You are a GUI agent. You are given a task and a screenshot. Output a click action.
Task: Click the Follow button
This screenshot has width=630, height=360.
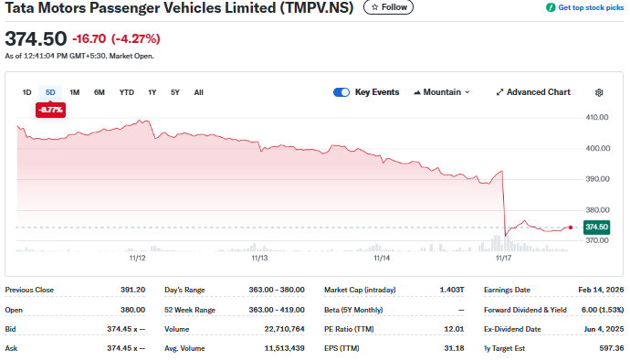pyautogui.click(x=388, y=7)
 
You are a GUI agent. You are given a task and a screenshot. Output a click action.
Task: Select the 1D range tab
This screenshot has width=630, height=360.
pyautogui.click(x=27, y=92)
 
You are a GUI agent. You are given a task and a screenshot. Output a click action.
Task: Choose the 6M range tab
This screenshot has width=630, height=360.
pyautogui.click(x=100, y=92)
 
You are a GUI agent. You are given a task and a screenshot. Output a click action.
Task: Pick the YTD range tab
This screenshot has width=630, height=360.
pyautogui.click(x=127, y=92)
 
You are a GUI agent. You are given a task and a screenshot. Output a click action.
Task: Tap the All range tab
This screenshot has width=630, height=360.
pyautogui.click(x=199, y=92)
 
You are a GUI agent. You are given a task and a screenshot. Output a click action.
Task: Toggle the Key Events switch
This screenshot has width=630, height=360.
pyautogui.click(x=342, y=92)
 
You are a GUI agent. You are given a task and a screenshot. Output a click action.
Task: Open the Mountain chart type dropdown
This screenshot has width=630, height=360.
pyautogui.click(x=442, y=92)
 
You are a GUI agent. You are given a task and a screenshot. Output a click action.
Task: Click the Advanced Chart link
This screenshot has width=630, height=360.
pyautogui.click(x=533, y=92)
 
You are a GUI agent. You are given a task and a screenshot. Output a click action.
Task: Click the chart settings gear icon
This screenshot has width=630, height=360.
pyautogui.click(x=599, y=92)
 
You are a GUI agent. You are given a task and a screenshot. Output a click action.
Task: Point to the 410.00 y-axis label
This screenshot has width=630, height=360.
pyautogui.click(x=596, y=117)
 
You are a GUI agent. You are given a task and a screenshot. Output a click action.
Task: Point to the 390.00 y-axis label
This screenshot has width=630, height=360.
pyautogui.click(x=596, y=179)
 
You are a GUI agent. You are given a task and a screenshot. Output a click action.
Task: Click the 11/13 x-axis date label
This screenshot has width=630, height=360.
pyautogui.click(x=259, y=259)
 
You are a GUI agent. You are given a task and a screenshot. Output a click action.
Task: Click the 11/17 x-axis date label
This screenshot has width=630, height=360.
pyautogui.click(x=502, y=259)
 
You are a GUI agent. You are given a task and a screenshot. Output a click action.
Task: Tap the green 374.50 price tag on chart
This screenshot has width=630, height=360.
pyautogui.click(x=596, y=227)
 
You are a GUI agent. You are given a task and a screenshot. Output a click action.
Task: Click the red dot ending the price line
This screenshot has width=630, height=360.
pyautogui.click(x=571, y=227)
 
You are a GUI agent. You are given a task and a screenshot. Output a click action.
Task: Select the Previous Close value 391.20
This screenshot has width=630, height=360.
pyautogui.click(x=132, y=290)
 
